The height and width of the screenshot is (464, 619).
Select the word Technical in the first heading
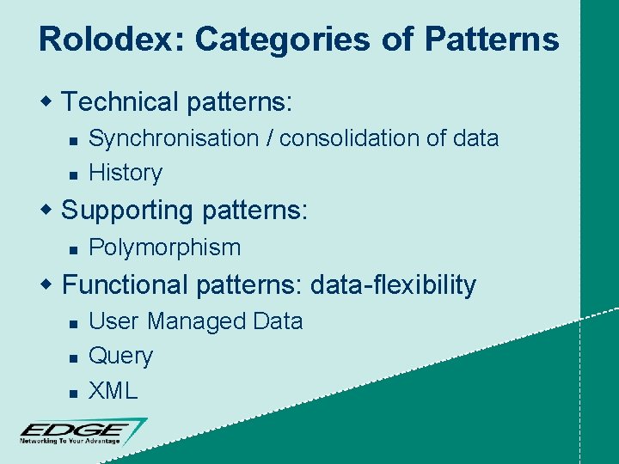click(x=119, y=102)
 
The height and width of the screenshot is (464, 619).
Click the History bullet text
click(x=126, y=173)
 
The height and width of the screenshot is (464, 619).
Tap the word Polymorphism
click(x=165, y=247)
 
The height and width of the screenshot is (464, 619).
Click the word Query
click(x=121, y=357)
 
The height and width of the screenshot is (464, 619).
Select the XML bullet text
click(x=113, y=391)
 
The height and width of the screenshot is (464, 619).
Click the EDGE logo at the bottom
click(x=82, y=431)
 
